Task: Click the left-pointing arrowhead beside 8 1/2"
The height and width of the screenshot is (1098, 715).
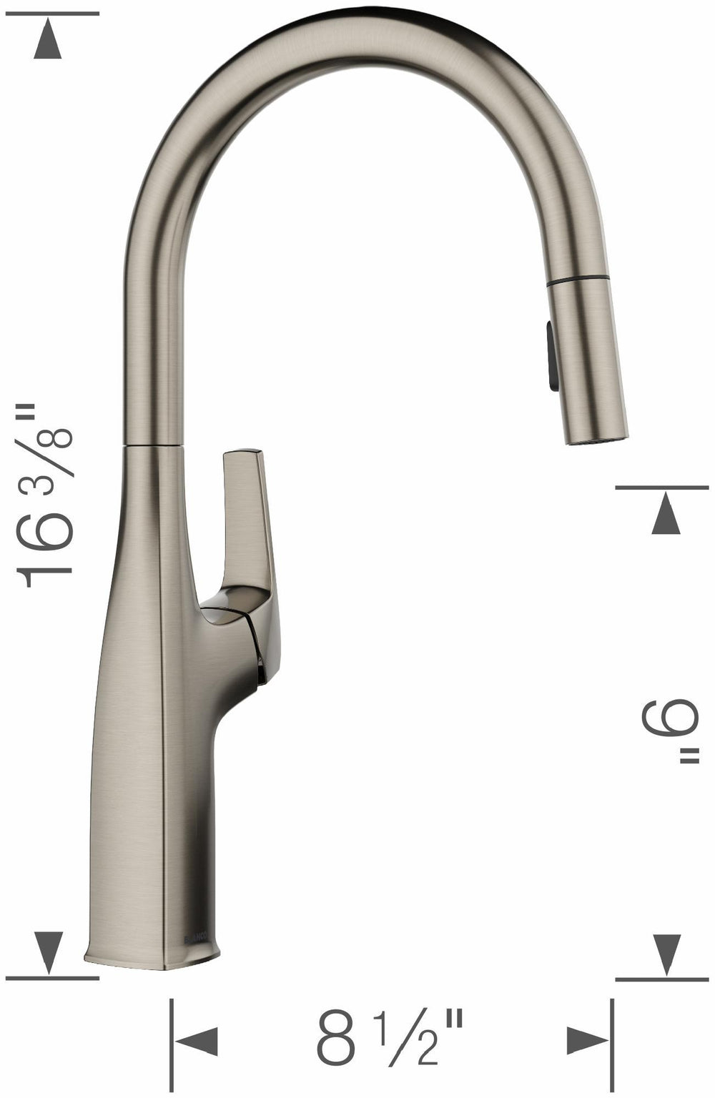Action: (x=194, y=1049)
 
